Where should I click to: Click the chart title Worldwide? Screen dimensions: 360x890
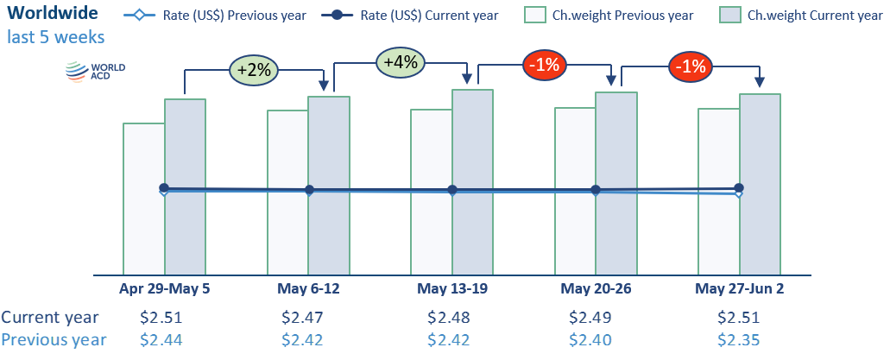[53, 15]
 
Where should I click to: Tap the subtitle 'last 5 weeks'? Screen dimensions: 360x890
[56, 37]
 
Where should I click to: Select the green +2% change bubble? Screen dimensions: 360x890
[255, 69]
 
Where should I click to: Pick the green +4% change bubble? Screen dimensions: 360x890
[401, 62]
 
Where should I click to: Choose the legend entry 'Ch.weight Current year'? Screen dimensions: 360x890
[801, 15]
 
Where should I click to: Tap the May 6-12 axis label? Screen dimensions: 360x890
[308, 287]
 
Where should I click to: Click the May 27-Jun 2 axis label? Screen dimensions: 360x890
[740, 287]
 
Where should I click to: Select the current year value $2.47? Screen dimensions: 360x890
[302, 318]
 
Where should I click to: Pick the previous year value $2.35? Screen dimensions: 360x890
[739, 340]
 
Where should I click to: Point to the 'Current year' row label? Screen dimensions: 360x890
[50, 318]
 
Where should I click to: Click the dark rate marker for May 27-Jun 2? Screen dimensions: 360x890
[739, 187]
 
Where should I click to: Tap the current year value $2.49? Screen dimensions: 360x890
[590, 318]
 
